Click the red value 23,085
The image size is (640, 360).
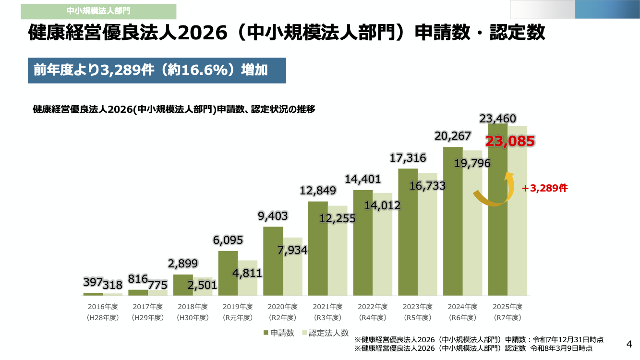coord(510,142)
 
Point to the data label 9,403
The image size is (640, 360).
coord(273,216)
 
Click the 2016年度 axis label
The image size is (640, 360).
coord(103,306)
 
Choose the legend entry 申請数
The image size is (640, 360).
coord(278,333)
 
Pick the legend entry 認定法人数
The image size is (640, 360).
coord(325,333)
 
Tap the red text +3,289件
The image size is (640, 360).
coord(545,188)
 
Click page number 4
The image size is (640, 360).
coord(629,344)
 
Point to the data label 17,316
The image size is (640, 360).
coord(408,157)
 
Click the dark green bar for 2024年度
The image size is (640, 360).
coord(453,221)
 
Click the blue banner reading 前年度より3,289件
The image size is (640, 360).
coord(157,70)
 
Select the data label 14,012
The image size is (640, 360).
coord(382,205)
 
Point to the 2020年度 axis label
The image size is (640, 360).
coord(282,306)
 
